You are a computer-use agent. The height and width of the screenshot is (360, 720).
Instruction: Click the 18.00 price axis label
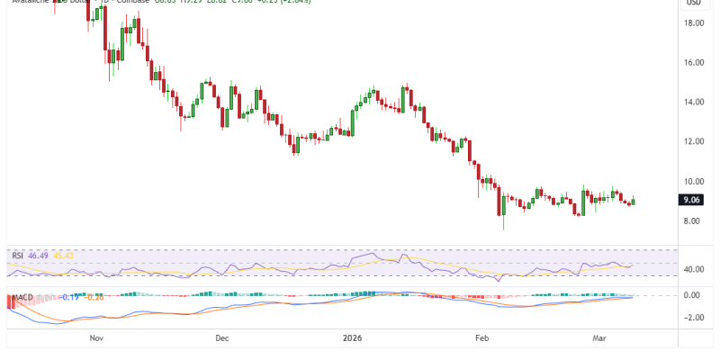tap(693, 23)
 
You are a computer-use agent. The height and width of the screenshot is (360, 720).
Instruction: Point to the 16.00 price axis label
tap(693, 63)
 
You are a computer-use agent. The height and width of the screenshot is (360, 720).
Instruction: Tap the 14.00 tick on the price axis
tap(693, 103)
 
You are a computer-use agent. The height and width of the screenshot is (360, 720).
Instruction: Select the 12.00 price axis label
tap(693, 142)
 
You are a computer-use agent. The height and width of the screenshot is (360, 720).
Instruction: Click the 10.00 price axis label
tap(693, 182)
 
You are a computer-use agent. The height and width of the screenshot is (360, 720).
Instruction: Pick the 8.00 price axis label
tap(693, 221)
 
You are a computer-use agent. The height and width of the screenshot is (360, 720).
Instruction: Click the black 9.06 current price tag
tap(693, 202)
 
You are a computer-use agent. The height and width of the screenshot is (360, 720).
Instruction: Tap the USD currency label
tap(693, 3)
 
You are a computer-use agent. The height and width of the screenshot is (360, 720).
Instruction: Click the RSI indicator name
tap(17, 256)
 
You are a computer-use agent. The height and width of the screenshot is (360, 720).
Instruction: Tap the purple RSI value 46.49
tap(38, 256)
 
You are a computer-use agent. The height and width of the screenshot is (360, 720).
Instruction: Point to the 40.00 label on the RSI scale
tap(693, 269)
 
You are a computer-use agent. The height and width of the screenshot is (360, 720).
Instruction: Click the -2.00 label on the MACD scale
tap(693, 317)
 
